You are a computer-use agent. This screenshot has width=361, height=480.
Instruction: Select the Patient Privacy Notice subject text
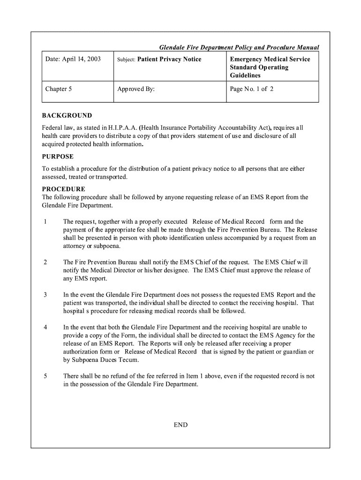tap(169, 60)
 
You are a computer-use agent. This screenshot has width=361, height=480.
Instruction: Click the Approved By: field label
tap(136, 88)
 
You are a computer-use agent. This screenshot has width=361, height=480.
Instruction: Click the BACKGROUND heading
tap(67, 116)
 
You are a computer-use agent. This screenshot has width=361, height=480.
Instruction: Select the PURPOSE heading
tap(58, 157)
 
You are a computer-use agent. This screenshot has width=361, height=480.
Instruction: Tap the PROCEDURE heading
tap(64, 189)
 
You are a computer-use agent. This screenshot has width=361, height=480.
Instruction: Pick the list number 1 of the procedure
tap(45, 222)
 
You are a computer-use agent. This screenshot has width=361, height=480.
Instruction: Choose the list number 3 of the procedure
tap(45, 295)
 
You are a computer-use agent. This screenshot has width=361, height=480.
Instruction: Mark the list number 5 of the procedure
tap(45, 376)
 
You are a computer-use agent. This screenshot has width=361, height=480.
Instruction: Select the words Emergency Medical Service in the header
tap(270, 60)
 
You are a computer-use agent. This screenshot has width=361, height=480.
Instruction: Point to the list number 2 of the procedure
tap(45, 262)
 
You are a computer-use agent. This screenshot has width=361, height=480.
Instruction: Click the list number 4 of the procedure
tap(45, 327)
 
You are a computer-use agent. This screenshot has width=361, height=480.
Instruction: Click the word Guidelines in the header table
tap(245, 75)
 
